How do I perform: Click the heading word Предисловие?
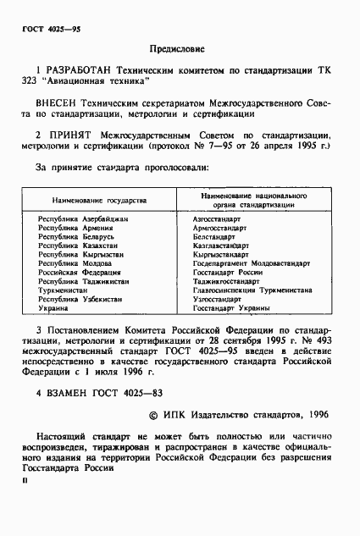click(181, 50)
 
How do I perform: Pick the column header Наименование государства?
click(99, 202)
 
